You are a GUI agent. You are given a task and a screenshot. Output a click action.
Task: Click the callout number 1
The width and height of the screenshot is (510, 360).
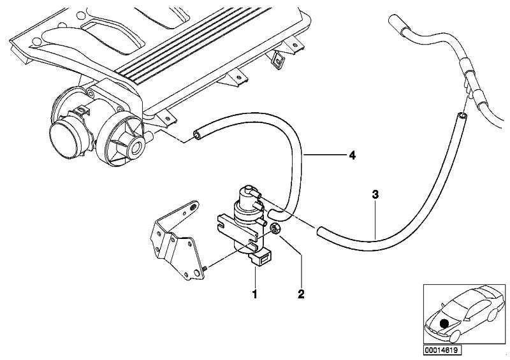pyautogui.click(x=255, y=294)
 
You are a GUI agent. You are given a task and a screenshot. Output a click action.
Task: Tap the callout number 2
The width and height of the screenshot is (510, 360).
pyautogui.click(x=301, y=294)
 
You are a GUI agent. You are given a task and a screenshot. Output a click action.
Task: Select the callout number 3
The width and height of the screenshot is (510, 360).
pyautogui.click(x=375, y=195)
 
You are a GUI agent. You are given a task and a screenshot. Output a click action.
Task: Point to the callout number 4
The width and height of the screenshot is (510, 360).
pyautogui.click(x=352, y=155)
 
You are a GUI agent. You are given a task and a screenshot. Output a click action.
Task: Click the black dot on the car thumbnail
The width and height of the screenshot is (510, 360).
pyautogui.click(x=444, y=324)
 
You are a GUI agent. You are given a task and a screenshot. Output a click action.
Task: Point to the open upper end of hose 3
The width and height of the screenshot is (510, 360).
pyautogui.click(x=461, y=115)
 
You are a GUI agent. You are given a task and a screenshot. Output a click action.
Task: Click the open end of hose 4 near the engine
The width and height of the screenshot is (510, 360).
pyautogui.click(x=197, y=134)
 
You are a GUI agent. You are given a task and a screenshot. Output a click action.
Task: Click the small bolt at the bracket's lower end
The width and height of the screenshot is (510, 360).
pyautogui.click(x=205, y=268)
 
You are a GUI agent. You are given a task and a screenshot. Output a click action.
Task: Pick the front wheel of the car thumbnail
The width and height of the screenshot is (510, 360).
pyautogui.click(x=455, y=336)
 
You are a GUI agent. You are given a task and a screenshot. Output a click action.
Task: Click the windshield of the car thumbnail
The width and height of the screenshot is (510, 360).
pyautogui.click(x=455, y=303)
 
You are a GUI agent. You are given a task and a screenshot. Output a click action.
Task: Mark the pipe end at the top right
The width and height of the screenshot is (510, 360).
pyautogui.click(x=394, y=20)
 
